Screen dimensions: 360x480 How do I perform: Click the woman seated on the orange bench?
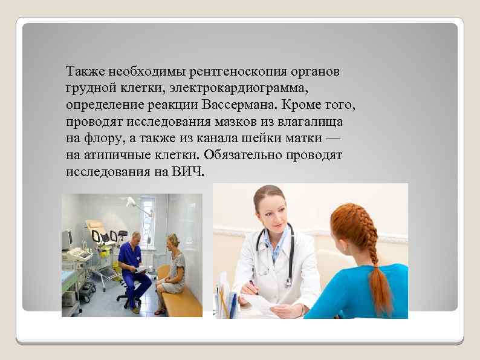click(x=172, y=272)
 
